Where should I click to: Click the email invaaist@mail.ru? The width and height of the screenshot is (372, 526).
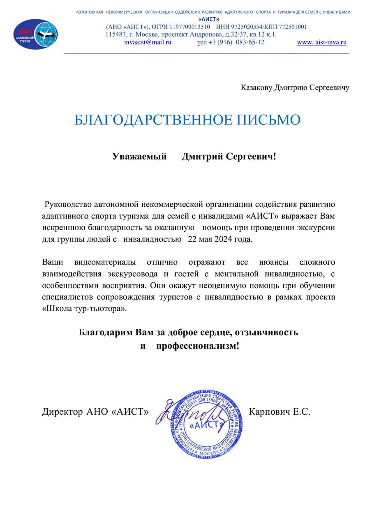(x=148, y=42)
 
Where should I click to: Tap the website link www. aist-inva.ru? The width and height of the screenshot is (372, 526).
(x=322, y=42)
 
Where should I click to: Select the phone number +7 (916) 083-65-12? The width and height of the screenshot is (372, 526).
(x=236, y=42)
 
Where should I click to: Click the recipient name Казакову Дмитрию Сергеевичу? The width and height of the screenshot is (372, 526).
(x=295, y=88)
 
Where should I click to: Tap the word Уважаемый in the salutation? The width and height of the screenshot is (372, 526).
(x=139, y=157)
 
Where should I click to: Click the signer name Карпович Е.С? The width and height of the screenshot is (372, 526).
(x=280, y=412)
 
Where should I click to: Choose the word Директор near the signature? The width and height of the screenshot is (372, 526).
(x=62, y=412)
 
